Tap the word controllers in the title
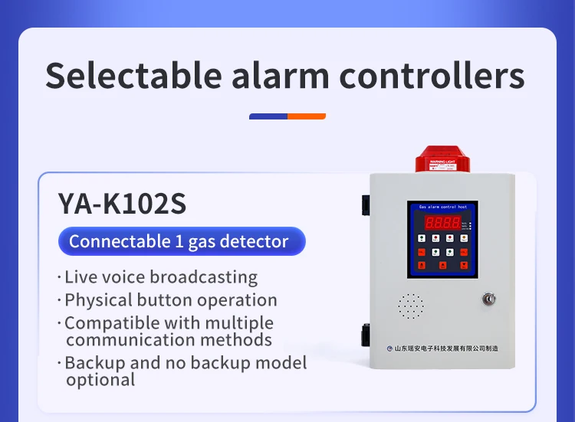432,77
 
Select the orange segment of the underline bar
307,116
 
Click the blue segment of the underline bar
268,116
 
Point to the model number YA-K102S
122,204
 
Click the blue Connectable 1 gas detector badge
182,242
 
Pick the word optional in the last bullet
100,380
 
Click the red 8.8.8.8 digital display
443,223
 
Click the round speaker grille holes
411,306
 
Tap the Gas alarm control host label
442,207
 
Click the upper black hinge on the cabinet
366,204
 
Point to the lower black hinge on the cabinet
366,334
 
